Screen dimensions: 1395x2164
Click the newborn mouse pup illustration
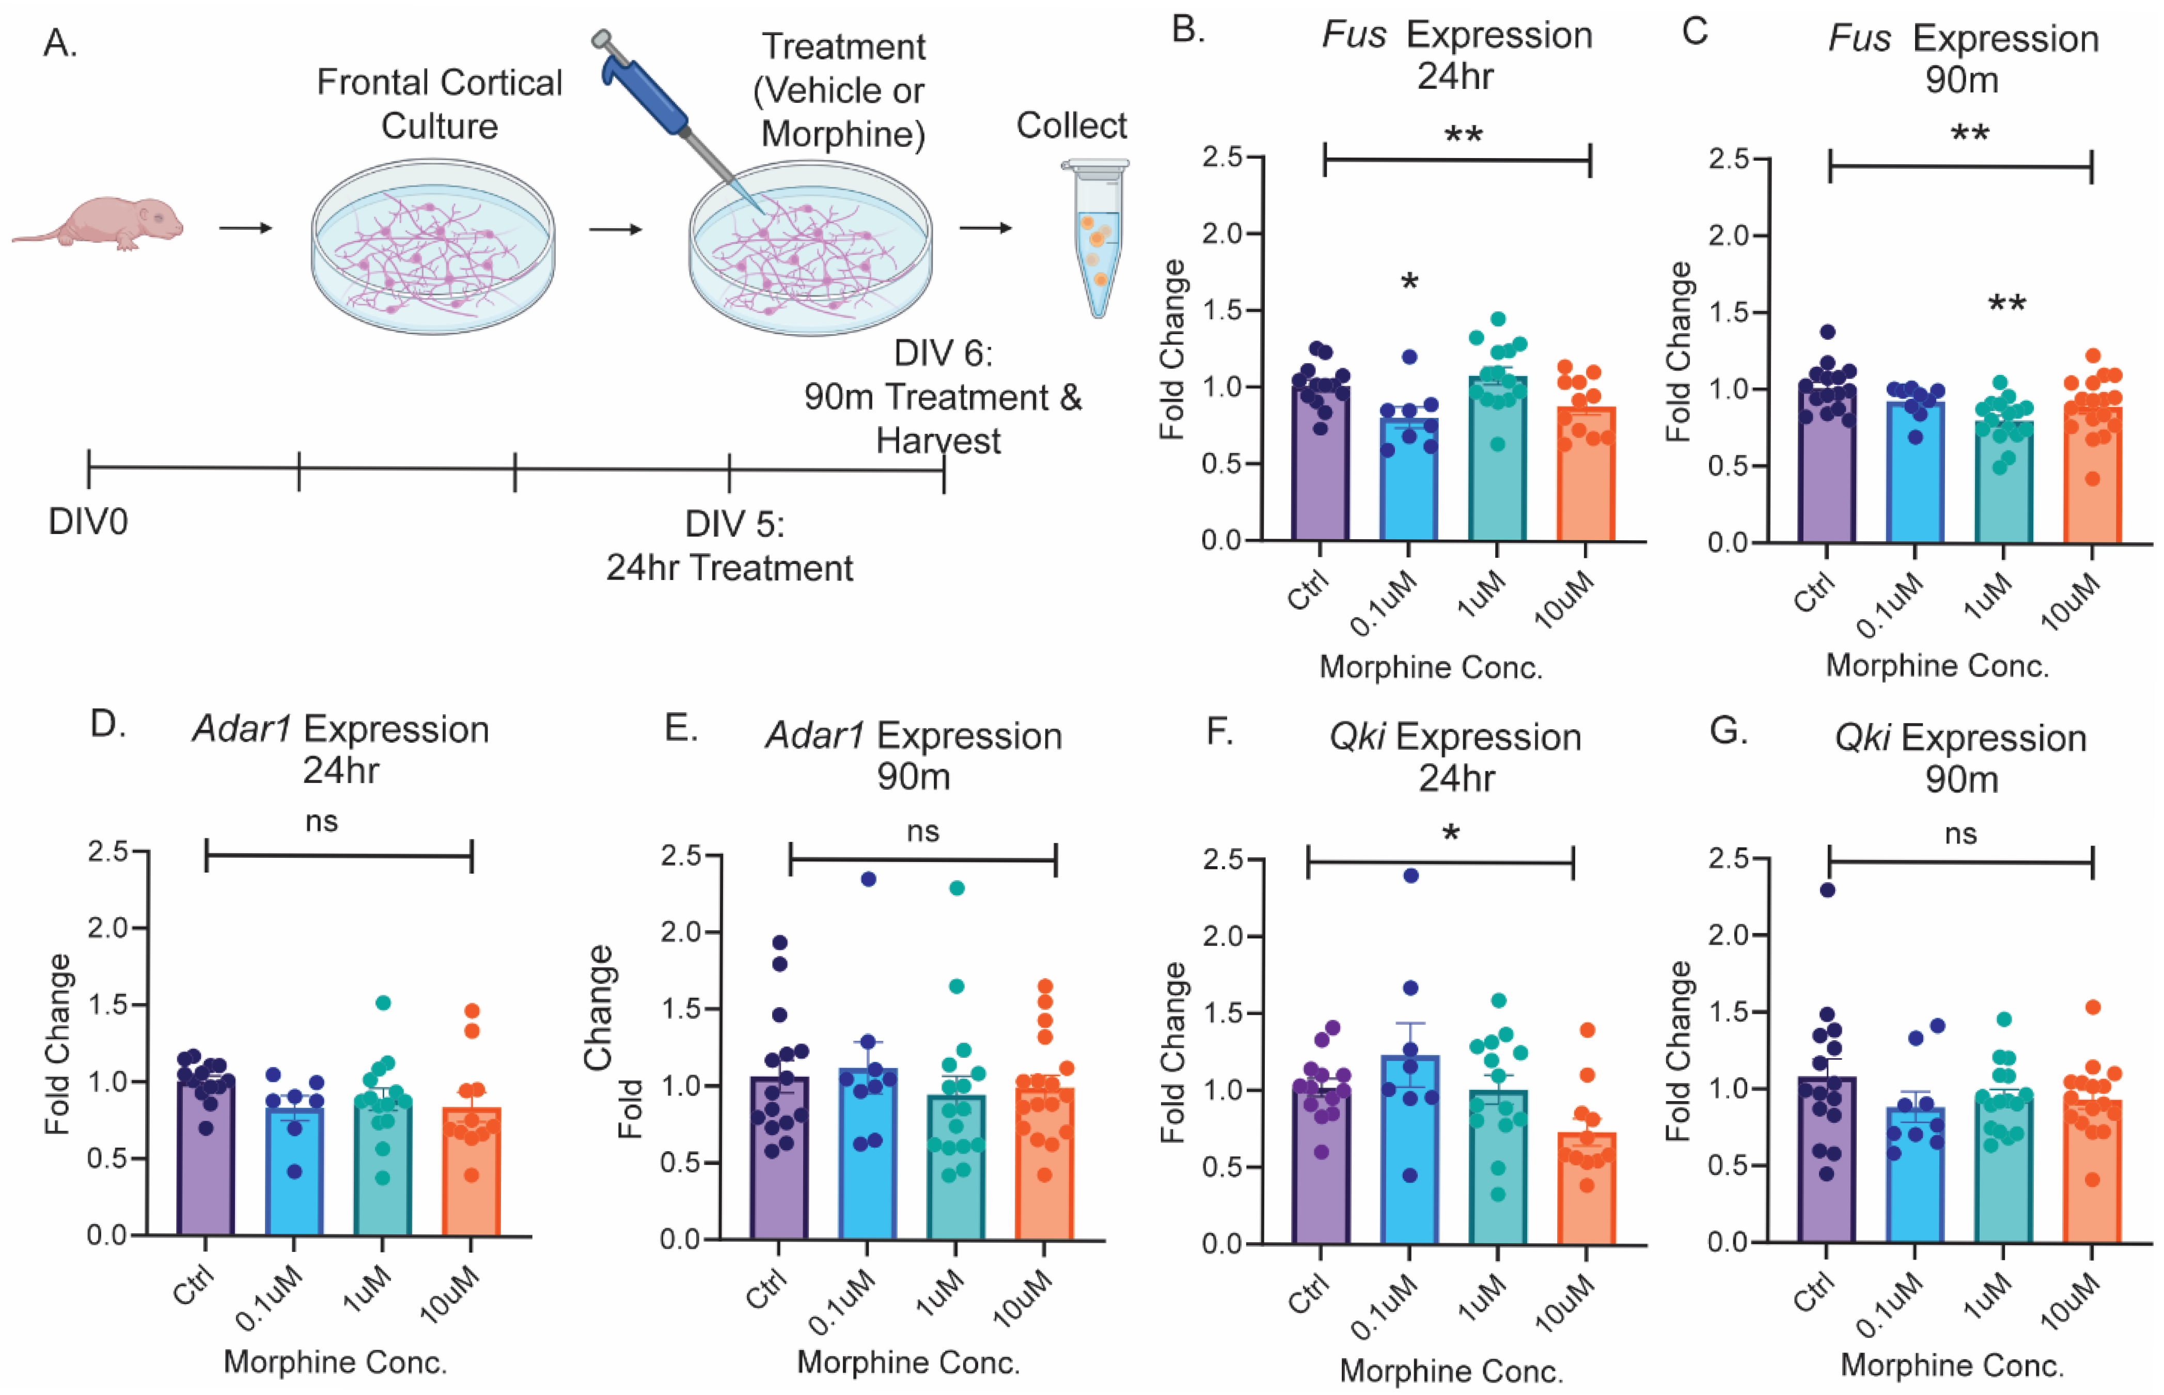100,222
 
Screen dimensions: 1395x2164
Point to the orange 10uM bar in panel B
1585,480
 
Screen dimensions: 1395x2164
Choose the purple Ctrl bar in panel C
1827,471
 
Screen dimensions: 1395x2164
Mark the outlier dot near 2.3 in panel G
1827,889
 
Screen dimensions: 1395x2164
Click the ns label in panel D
322,822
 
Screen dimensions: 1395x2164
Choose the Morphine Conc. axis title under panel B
1431,667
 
